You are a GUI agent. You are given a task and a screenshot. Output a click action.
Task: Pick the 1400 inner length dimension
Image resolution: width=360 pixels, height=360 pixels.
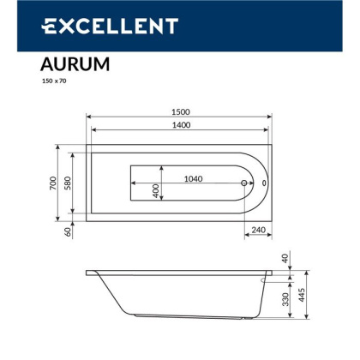(x=178, y=126)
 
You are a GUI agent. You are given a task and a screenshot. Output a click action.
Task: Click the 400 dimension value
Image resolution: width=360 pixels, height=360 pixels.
(x=156, y=190)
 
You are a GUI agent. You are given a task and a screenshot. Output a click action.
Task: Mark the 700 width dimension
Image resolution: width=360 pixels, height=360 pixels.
(x=53, y=182)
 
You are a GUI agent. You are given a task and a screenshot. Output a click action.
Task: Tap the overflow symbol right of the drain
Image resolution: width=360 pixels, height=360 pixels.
(x=263, y=182)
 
